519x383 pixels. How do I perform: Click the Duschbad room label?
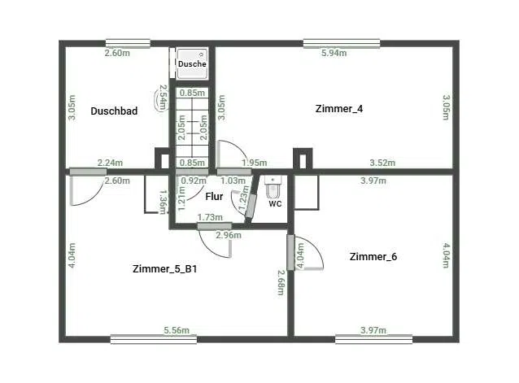coord(114,111)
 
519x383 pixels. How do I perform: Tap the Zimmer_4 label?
coord(339,109)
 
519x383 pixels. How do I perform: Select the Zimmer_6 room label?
coord(373,257)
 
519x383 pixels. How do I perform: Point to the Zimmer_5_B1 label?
coord(164,268)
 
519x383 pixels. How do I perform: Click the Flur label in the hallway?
coord(214,197)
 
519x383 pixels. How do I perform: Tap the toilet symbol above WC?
coord(273,187)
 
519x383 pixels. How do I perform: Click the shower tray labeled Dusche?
coord(192,63)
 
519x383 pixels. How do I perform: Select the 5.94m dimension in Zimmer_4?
coord(334,53)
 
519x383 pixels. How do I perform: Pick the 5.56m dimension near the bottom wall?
coord(177,330)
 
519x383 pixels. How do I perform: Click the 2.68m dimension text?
coord(281,282)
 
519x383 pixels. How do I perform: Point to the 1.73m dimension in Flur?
coord(210,217)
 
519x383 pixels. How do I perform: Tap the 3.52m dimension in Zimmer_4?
coord(382,163)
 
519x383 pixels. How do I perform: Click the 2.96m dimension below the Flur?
coord(229,235)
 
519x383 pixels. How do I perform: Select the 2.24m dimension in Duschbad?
coord(110,163)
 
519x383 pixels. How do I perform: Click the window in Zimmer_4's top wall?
coord(342,44)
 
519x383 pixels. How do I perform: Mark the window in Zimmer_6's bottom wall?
coord(373,340)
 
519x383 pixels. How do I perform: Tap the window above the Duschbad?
coord(128,44)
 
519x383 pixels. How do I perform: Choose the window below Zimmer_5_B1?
coord(154,340)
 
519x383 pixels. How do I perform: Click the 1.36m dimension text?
coord(163,202)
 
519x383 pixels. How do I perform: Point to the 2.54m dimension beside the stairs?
coord(163,98)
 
